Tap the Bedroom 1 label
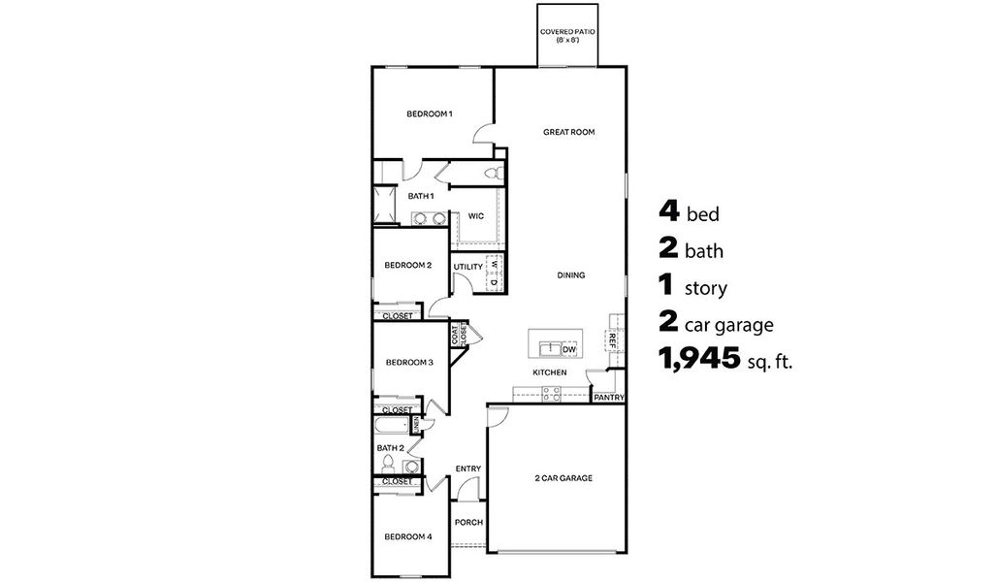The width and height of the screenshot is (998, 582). tap(429, 114)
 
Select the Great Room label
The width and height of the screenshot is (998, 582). tap(568, 132)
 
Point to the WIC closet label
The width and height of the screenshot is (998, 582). tap(475, 215)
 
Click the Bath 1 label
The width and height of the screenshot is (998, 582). tap(420, 196)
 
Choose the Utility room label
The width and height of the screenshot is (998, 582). tap(467, 267)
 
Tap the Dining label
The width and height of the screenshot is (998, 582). tap(570, 275)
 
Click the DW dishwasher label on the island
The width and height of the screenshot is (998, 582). tap(569, 349)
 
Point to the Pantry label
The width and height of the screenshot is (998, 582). tap(609, 397)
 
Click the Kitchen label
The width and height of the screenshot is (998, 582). tap(549, 372)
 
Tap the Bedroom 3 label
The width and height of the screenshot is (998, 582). tap(408, 363)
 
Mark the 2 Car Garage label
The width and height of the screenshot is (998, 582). tap(563, 478)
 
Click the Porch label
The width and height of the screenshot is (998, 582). tap(468, 522)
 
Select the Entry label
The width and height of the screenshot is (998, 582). tap(467, 469)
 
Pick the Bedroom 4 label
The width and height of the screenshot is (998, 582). tap(407, 536)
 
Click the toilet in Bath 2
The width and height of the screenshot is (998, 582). tap(388, 464)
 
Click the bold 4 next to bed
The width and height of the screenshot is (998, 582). tap(668, 212)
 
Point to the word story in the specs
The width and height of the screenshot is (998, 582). tap(706, 289)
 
